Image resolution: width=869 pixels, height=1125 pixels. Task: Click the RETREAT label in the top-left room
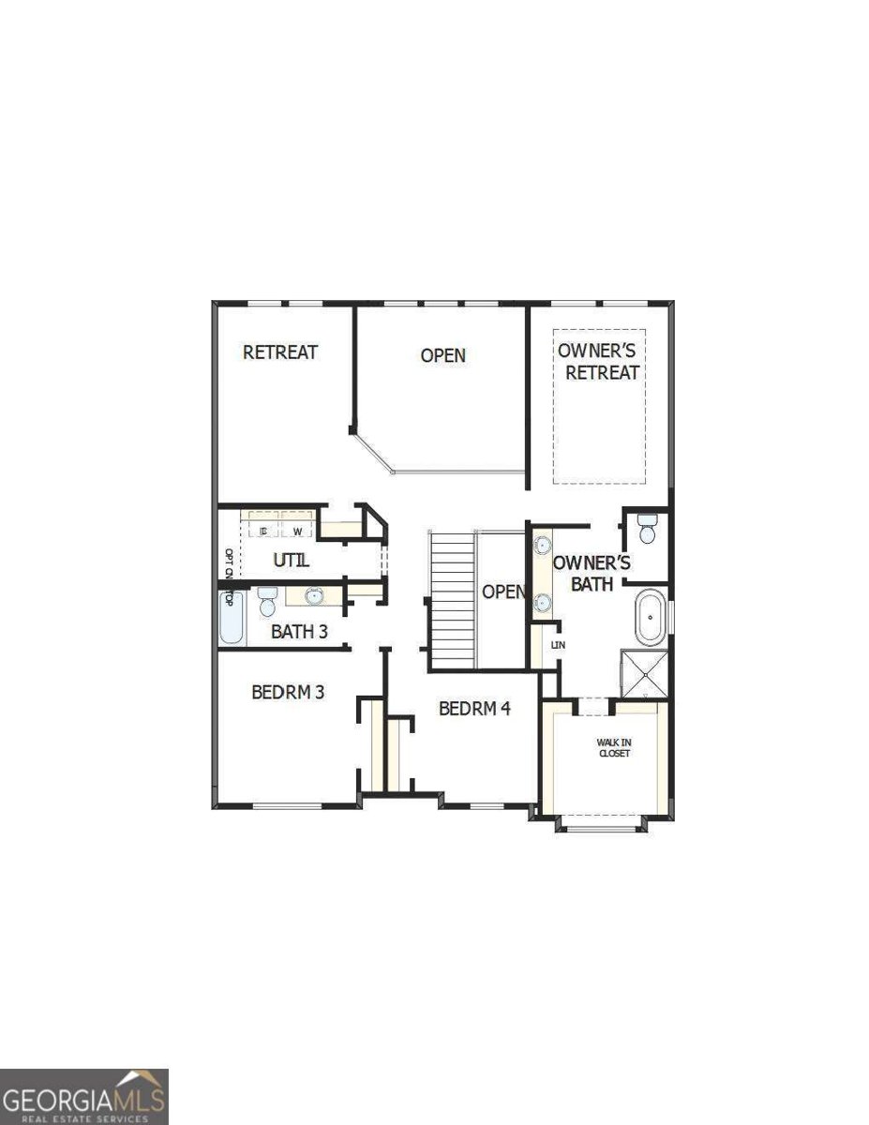pyautogui.click(x=280, y=352)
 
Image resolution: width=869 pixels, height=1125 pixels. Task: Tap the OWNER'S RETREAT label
pyautogui.click(x=598, y=361)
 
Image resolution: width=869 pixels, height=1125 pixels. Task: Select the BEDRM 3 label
pyautogui.click(x=288, y=692)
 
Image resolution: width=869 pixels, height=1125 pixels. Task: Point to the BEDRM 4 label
pyautogui.click(x=474, y=709)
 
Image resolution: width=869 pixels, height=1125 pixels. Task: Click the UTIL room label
pyautogui.click(x=291, y=561)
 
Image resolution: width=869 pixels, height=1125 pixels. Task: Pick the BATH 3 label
pyautogui.click(x=299, y=631)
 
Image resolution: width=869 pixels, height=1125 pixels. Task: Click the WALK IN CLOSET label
pyautogui.click(x=614, y=747)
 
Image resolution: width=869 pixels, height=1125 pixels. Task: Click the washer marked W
pyautogui.click(x=297, y=532)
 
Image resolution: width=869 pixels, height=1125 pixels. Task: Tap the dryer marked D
pyautogui.click(x=263, y=532)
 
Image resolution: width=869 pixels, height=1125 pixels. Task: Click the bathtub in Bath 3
pyautogui.click(x=231, y=617)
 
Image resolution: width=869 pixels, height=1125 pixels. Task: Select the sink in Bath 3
pyautogui.click(x=314, y=594)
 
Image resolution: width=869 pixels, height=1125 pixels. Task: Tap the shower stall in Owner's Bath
pyautogui.click(x=645, y=673)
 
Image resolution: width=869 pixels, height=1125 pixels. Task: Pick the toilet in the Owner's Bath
pyautogui.click(x=646, y=531)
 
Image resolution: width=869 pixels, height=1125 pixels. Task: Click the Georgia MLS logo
pyautogui.click(x=84, y=1096)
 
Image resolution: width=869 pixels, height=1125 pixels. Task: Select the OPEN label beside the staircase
pyautogui.click(x=503, y=592)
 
